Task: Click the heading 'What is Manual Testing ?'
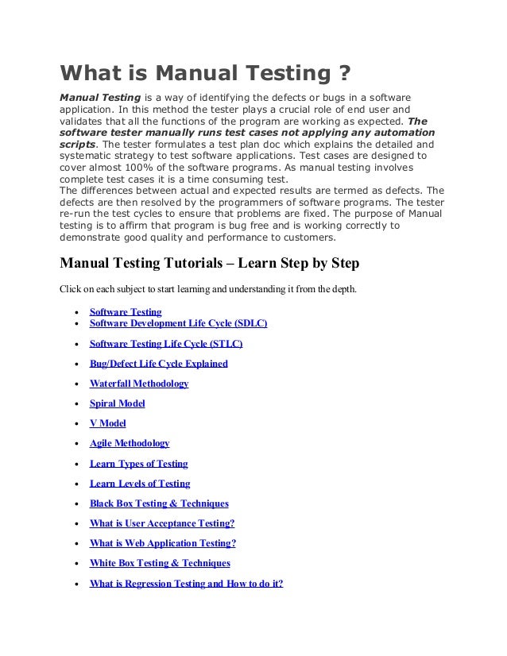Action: (205, 73)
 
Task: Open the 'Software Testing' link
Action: (126, 312)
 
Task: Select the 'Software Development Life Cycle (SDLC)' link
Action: (178, 324)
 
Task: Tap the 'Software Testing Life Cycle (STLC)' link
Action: (166, 344)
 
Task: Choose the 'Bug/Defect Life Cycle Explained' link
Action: (159, 364)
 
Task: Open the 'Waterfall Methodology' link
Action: (139, 384)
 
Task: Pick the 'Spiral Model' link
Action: (118, 403)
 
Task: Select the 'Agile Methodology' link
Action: (130, 443)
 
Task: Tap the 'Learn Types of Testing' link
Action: (139, 464)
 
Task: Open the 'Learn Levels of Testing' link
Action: (140, 484)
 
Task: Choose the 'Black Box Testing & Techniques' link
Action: (159, 504)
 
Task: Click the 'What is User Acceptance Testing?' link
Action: (162, 523)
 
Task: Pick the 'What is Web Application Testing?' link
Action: (163, 543)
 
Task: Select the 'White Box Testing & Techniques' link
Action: (160, 563)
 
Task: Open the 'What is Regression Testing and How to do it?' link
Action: (187, 583)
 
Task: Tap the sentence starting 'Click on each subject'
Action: (209, 288)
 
